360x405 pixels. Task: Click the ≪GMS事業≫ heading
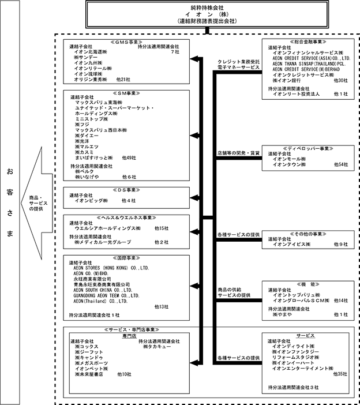click(x=126, y=42)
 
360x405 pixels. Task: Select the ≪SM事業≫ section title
click(x=126, y=93)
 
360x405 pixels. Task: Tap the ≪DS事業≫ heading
click(x=126, y=189)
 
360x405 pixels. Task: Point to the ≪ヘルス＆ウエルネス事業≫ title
click(x=126, y=218)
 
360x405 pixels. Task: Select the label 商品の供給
click(x=229, y=289)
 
